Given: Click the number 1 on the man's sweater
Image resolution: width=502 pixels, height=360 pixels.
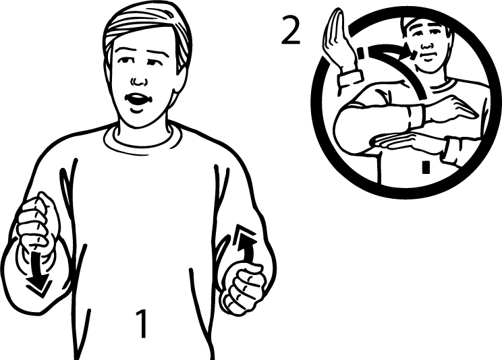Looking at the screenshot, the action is tap(141, 323).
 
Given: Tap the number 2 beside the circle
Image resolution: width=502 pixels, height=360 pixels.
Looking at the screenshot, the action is tap(290, 30).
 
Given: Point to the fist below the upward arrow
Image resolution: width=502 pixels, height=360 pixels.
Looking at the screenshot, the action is tap(244, 287).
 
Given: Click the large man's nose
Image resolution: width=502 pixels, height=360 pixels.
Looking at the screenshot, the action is tap(138, 80).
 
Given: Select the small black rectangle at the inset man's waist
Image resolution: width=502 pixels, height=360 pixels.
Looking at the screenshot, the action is tap(426, 167).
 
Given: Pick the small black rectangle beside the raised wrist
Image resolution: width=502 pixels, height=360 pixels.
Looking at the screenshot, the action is tap(361, 53).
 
